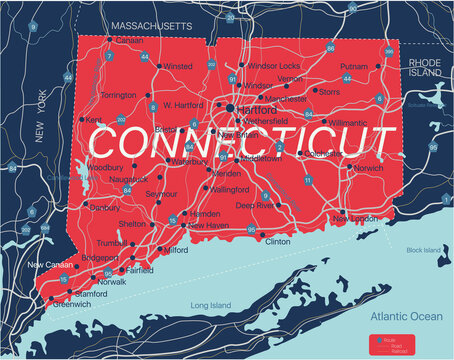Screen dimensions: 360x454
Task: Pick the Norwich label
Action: pyautogui.click(x=367, y=167)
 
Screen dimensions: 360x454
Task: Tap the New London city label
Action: pyautogui.click(x=356, y=218)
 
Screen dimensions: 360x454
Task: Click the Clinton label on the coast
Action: pyautogui.click(x=278, y=241)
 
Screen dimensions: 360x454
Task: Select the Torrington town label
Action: pyautogui.click(x=118, y=95)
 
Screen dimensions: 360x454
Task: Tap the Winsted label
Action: pyautogui.click(x=178, y=66)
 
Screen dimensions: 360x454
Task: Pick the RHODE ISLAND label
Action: pyautogui.click(x=424, y=66)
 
